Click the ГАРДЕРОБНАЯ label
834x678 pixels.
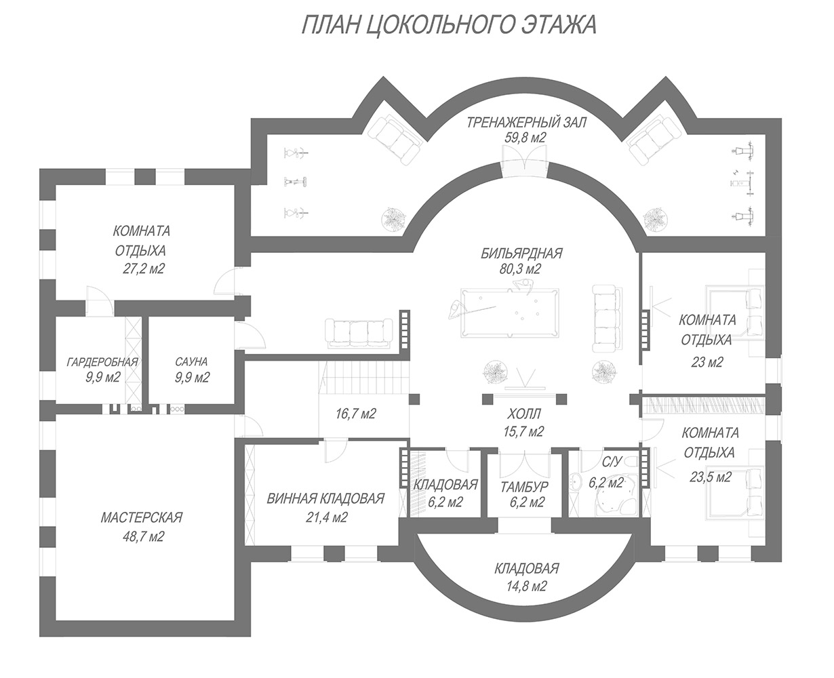[102, 362]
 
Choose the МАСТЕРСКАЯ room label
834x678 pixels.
[142, 518]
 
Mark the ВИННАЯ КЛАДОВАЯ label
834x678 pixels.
[325, 499]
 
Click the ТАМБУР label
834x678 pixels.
[525, 486]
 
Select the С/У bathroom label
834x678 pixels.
[612, 462]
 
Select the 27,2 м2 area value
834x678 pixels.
[142, 268]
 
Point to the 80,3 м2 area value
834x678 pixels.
[521, 269]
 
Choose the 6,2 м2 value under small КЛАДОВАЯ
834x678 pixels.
[445, 502]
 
